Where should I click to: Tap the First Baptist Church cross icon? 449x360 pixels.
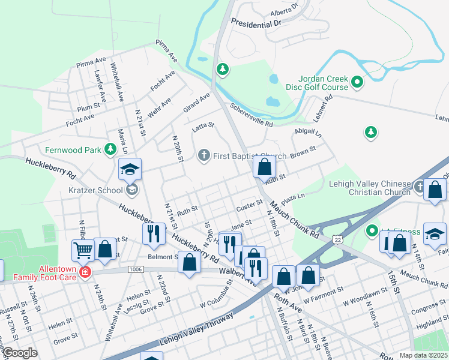click(x=203, y=156)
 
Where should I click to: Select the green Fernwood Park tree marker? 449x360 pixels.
click(x=110, y=149)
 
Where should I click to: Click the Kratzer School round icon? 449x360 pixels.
click(x=131, y=190)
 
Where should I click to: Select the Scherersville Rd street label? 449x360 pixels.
click(x=249, y=120)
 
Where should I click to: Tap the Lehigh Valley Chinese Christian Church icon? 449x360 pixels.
click(x=420, y=188)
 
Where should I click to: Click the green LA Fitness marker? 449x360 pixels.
click(x=372, y=230)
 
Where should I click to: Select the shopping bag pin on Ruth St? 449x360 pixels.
click(x=264, y=167)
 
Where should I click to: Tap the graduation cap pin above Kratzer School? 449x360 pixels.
click(x=129, y=170)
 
